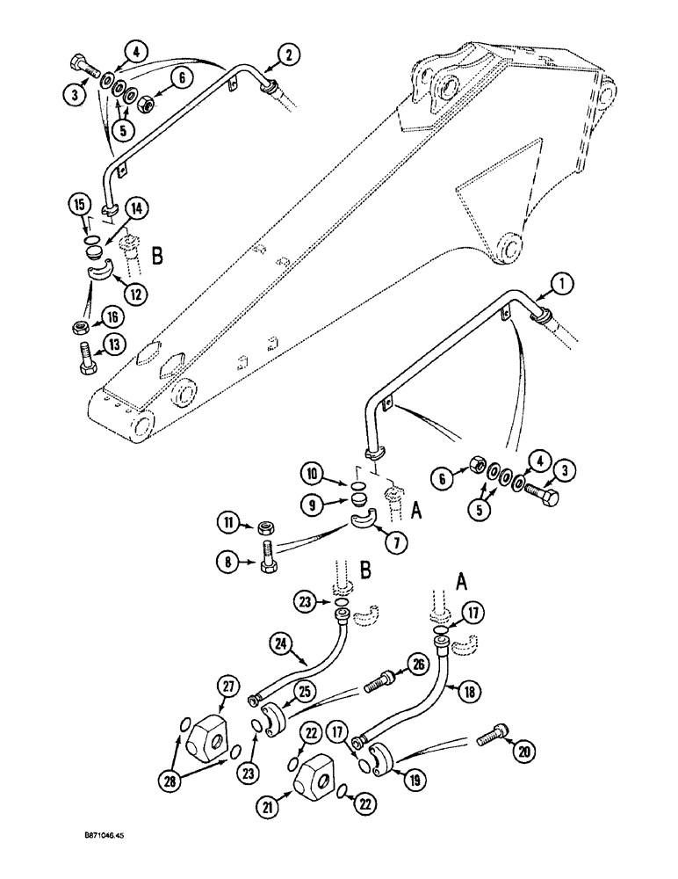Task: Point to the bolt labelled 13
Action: [92, 360]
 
